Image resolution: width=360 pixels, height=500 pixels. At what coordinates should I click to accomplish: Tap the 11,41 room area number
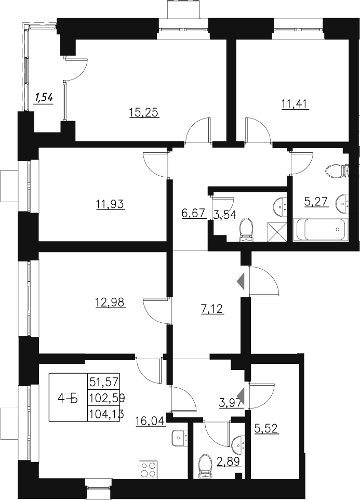pos(295,104)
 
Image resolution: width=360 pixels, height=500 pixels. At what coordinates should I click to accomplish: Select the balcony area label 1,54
pos(44,97)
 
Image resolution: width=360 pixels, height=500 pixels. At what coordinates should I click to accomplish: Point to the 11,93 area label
pos(111,204)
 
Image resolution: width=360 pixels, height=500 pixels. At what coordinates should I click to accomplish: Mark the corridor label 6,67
pos(194,213)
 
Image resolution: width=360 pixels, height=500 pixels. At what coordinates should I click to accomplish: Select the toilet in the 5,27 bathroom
pos(338,170)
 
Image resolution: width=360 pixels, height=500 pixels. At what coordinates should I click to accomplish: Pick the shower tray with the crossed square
pos(278,230)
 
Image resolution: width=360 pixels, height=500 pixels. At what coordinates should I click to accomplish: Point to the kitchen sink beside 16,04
pos(180,438)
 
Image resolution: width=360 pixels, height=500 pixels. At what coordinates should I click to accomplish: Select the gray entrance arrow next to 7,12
pos(241,281)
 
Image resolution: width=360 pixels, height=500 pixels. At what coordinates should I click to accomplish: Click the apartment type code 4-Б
pos(68,399)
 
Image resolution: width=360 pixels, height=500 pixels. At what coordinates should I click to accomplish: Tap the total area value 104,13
pos(104,414)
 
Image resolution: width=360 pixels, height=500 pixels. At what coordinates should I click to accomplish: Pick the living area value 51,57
pos(104,382)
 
